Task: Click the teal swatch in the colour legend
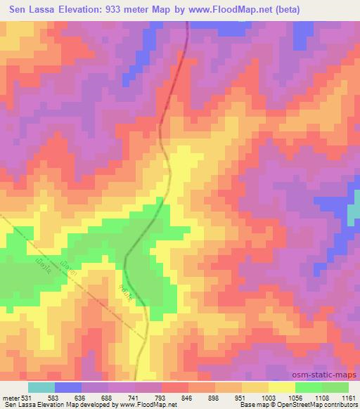tap(41, 387)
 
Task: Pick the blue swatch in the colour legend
tap(68, 387)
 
